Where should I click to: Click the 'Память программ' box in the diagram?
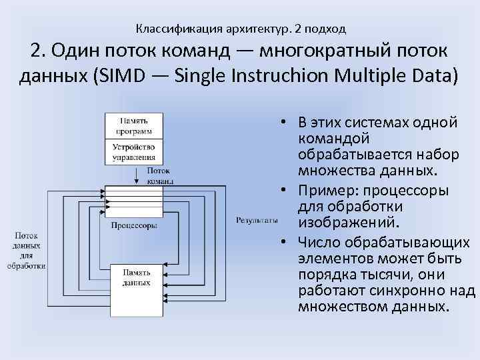(134, 125)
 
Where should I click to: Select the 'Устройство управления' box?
(134, 152)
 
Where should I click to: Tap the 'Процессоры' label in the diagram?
(134, 225)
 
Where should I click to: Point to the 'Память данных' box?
(137, 278)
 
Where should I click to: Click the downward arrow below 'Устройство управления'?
(137, 175)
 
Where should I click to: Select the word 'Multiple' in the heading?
(381, 75)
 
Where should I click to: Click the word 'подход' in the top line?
(327, 29)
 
